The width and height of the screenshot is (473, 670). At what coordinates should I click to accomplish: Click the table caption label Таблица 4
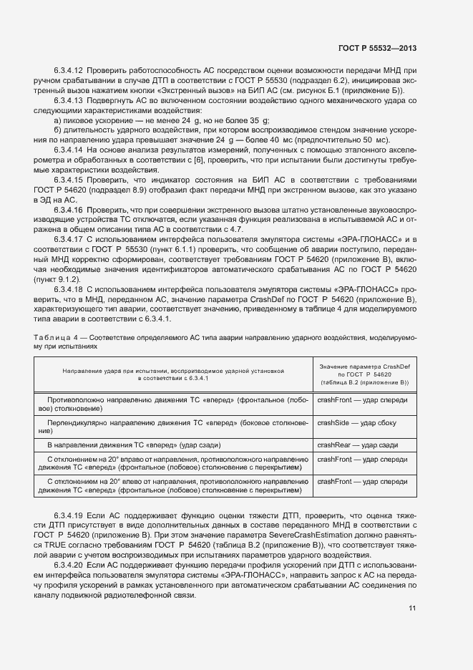coord(52,336)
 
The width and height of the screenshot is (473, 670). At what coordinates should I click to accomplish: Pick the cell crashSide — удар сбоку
coord(353,422)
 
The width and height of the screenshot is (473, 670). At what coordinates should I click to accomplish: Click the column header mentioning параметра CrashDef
coord(364,374)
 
